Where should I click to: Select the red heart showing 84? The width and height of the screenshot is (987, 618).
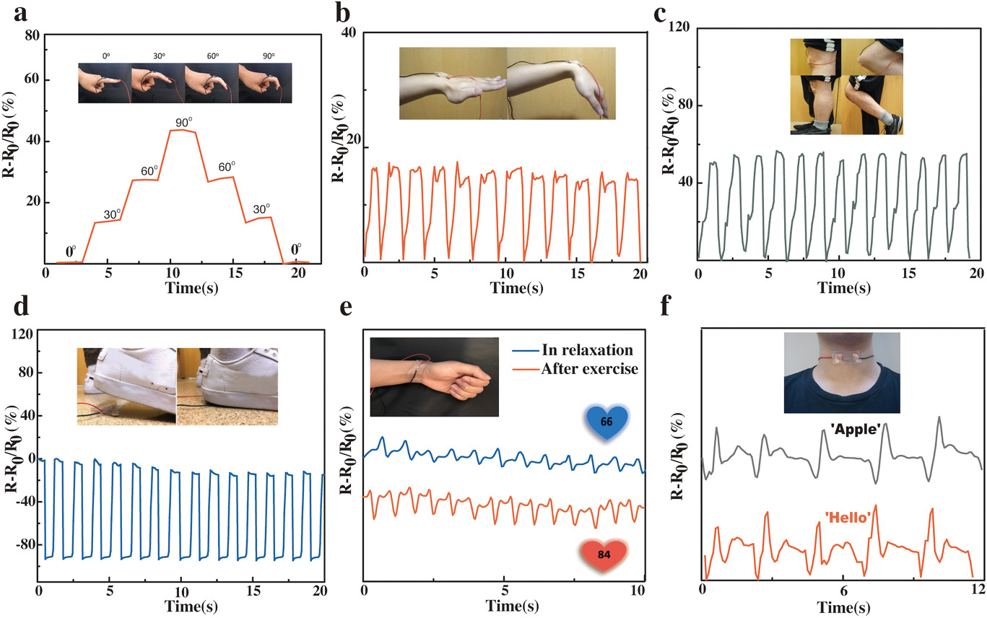click(604, 553)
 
